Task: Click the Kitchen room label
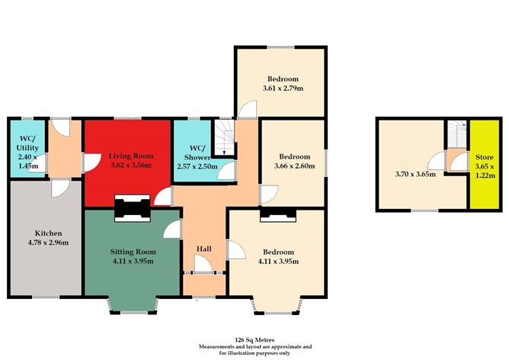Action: coord(48,233)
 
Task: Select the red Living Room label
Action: coord(131,156)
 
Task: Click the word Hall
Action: coord(204,249)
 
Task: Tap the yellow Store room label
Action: coord(485,157)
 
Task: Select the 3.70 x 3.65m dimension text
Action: coord(415,174)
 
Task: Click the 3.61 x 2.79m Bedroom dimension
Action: coord(283,88)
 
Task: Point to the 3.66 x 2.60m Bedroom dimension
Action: coord(294,166)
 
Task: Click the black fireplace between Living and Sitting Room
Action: coord(132,208)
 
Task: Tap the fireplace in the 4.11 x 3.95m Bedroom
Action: coord(278,215)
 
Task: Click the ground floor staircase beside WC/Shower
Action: coord(224,138)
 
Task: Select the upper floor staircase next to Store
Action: coord(458,134)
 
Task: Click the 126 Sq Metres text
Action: coord(254,340)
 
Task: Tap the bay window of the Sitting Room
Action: coord(133,305)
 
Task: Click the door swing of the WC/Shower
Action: coord(226,171)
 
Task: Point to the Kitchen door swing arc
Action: coord(60,189)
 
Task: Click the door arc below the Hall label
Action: coord(203,263)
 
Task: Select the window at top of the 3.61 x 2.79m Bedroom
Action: coord(281,47)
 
